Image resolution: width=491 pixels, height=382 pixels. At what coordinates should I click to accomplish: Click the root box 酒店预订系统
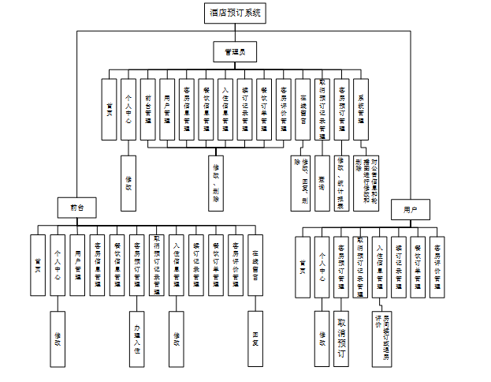pos(236,13)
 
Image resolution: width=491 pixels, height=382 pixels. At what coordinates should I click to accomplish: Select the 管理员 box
pos(236,52)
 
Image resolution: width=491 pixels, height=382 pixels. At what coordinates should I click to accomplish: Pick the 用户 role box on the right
pos(410,210)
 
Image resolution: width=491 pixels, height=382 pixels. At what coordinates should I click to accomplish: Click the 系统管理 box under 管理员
pos(362,109)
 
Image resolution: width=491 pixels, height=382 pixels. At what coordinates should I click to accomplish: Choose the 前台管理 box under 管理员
pos(149,109)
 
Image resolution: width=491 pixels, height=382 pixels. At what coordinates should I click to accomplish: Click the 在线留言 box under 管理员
pos(303,109)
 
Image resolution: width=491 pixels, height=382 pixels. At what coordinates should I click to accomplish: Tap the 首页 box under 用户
pos(303,265)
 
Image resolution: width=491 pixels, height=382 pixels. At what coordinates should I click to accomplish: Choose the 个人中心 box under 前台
pos(56,265)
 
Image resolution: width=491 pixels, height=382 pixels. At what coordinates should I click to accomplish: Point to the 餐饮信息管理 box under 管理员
pos(206,109)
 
